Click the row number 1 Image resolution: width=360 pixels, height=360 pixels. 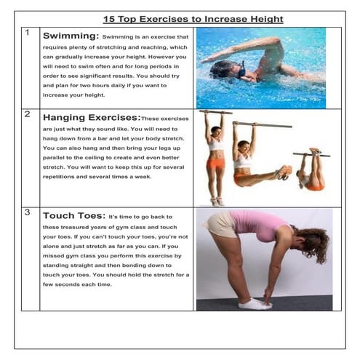point(27,33)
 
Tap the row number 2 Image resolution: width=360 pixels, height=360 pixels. point(27,114)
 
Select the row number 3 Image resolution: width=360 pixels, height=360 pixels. point(27,213)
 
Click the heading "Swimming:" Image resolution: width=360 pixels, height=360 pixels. point(71,36)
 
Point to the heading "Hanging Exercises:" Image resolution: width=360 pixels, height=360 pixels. point(92,117)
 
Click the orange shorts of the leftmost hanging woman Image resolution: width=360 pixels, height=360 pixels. point(215,162)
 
